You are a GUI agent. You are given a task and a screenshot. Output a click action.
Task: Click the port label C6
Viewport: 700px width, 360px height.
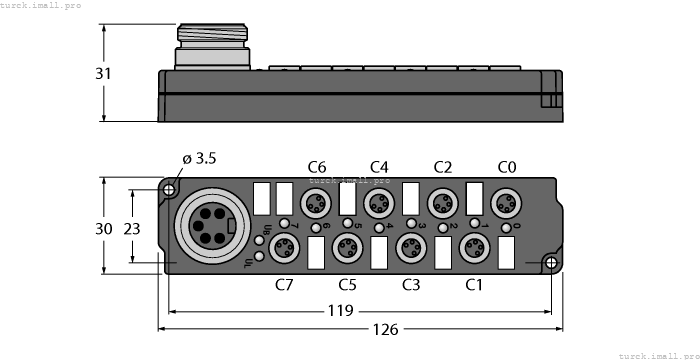click(317, 166)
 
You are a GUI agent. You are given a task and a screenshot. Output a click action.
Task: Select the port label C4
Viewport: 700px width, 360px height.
click(379, 166)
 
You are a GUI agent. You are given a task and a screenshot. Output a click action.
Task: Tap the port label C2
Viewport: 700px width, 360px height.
click(442, 166)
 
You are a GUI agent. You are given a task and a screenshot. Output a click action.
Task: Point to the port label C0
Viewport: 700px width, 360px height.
click(506, 166)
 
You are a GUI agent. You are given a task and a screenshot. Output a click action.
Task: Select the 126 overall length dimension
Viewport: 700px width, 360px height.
click(355, 327)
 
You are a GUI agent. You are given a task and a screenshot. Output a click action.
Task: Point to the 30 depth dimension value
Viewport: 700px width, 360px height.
click(103, 228)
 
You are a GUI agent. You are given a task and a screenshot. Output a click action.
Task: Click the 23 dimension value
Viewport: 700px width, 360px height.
click(131, 228)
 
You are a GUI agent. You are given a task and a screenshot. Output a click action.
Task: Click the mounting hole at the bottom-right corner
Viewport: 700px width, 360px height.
click(548, 263)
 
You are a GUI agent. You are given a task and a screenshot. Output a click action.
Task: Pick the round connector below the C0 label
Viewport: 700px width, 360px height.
click(506, 203)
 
